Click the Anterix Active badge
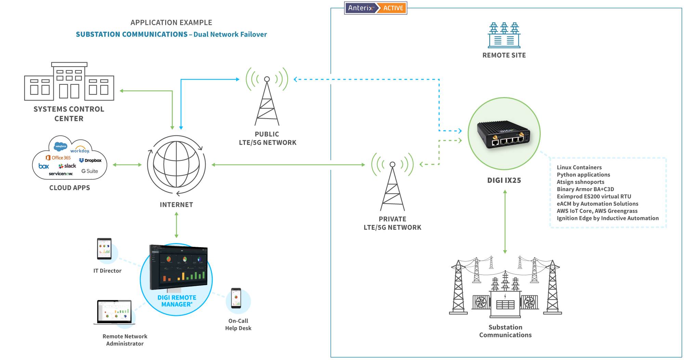coord(376,8)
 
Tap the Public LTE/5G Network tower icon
coord(267,99)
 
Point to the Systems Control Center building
coord(69,82)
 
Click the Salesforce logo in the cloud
coord(61,146)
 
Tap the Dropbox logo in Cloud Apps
coord(90,160)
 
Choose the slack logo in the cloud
coord(67,166)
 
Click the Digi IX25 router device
coord(503,135)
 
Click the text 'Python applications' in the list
coord(583,175)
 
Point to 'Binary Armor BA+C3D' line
coord(585,189)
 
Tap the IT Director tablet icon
coord(104,249)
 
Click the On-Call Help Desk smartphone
coord(236,298)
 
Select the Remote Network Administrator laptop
coord(114,312)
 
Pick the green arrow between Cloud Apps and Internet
coord(127,165)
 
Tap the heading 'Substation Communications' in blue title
coord(131,34)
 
